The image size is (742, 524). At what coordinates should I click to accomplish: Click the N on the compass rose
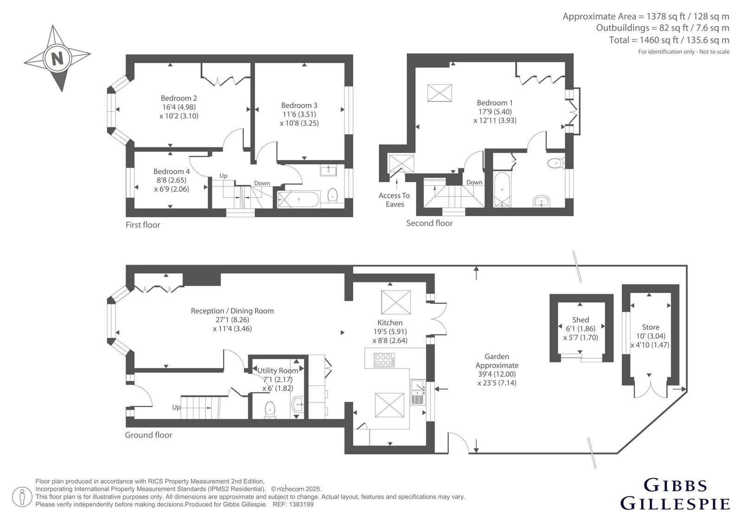point(58,59)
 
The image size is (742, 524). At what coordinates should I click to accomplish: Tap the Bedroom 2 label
point(179,98)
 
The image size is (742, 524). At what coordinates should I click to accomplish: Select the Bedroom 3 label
point(299,105)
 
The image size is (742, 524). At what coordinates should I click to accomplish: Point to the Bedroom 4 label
point(172,171)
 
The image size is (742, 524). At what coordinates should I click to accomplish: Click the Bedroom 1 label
point(494,102)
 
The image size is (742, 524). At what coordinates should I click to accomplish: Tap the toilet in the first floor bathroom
point(332,196)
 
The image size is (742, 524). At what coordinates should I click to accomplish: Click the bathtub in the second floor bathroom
point(502,189)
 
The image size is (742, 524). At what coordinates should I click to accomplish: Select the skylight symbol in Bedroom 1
point(439,93)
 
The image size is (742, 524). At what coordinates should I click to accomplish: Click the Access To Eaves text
point(394,200)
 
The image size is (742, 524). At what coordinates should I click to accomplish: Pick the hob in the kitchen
point(384,360)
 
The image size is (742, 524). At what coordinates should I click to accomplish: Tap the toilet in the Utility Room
point(271,410)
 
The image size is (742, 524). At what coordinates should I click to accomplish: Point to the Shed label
point(580,320)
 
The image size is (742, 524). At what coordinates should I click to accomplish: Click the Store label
point(651,327)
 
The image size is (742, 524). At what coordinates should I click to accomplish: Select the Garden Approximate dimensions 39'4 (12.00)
point(497,374)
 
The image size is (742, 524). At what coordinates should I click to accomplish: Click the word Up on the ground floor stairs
point(176,407)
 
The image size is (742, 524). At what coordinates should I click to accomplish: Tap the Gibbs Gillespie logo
point(675,498)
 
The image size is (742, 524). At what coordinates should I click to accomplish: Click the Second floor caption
point(429,223)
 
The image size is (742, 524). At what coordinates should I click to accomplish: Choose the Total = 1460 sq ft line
point(669,40)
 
